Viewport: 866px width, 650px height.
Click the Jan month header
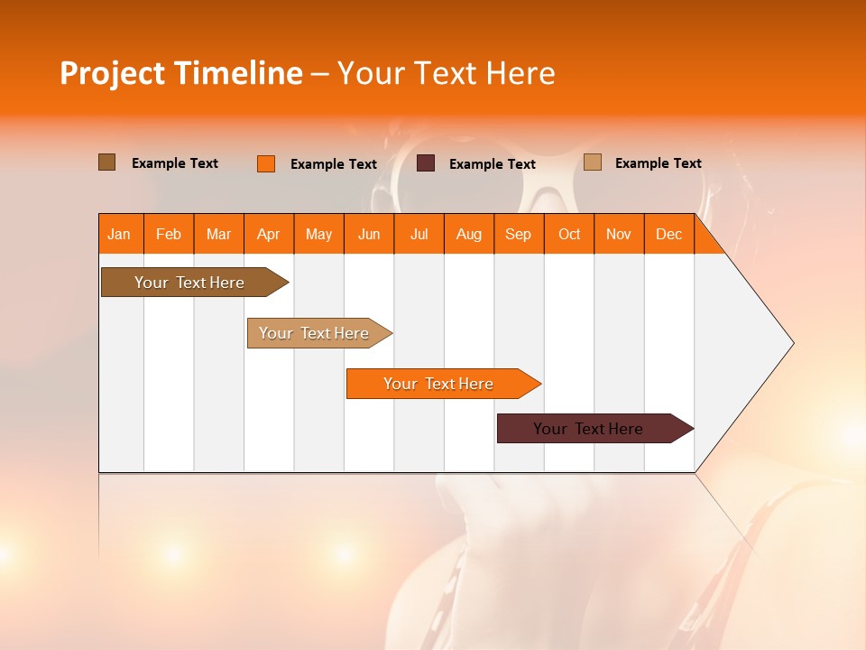coord(119,235)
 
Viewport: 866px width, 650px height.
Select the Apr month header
coord(269,235)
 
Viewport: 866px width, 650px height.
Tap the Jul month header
coord(419,235)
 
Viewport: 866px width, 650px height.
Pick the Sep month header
coord(518,235)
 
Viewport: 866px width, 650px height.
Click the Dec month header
coord(668,235)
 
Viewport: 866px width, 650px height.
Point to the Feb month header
coord(169,235)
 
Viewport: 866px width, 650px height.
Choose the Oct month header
coord(568,235)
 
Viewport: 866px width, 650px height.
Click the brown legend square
coord(106,162)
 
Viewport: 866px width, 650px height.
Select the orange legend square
coord(266,163)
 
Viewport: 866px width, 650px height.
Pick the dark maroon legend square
coord(426,163)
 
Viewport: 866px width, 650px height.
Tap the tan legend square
coord(593,162)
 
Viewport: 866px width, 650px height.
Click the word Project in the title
coord(113,73)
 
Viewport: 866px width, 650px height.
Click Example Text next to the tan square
coord(658,163)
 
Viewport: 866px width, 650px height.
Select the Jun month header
coord(369,235)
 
